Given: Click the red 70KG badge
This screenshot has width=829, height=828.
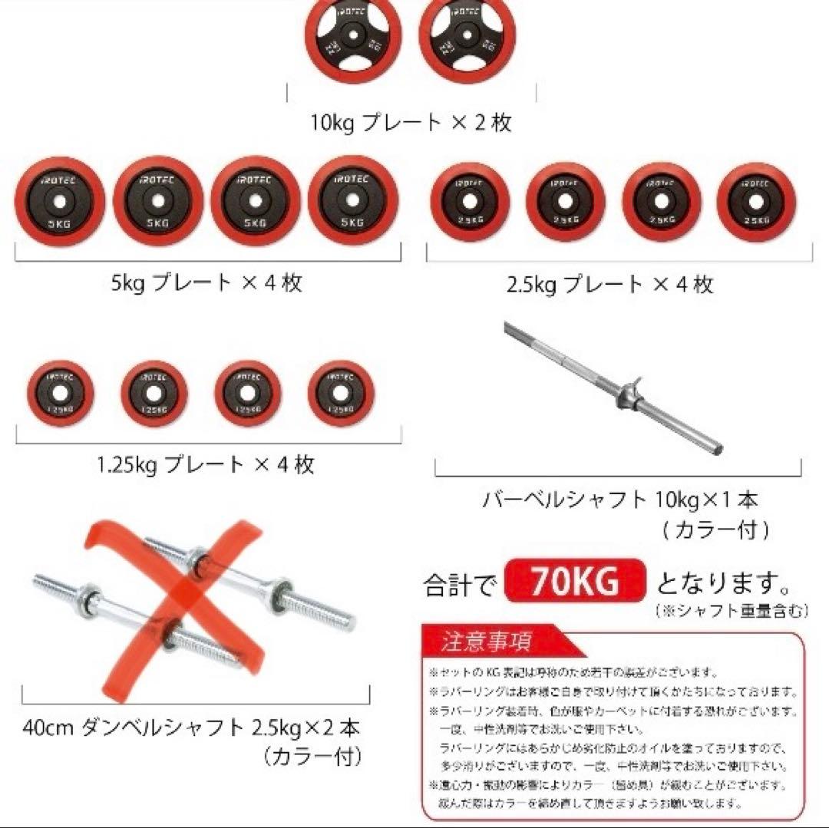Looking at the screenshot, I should pyautogui.click(x=575, y=583).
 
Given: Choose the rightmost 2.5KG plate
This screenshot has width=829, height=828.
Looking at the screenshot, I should pyautogui.click(x=756, y=203).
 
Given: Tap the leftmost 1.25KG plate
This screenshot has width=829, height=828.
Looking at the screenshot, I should pyautogui.click(x=60, y=392).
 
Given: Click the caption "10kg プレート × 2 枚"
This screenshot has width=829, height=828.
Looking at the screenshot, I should pyautogui.click(x=411, y=123).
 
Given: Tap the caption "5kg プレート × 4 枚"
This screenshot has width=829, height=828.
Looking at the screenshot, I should pyautogui.click(x=206, y=282).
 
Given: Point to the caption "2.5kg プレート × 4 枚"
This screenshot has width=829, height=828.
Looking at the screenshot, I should pyautogui.click(x=609, y=285).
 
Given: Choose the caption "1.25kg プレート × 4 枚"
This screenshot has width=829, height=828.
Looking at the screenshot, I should pyautogui.click(x=206, y=464).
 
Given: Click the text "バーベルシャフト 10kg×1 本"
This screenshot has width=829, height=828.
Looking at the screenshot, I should pyautogui.click(x=620, y=500).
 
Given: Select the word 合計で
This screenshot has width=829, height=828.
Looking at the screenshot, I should pyautogui.click(x=461, y=586).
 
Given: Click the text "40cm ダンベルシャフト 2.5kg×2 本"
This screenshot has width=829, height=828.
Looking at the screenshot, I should pyautogui.click(x=191, y=726).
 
